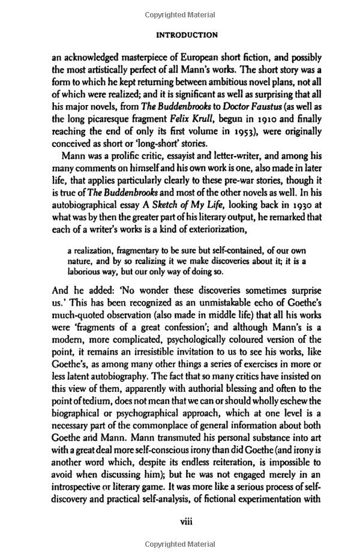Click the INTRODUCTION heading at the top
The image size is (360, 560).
click(x=187, y=35)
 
